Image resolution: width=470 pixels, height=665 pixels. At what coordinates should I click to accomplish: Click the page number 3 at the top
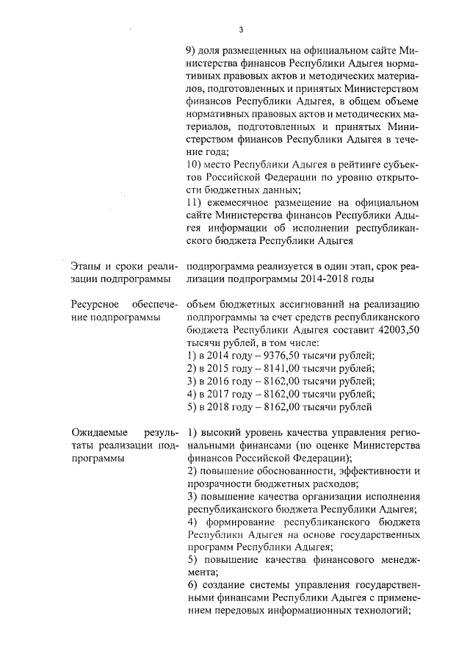click(241, 30)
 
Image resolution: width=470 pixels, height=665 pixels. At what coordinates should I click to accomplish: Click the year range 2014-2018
click(336, 278)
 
